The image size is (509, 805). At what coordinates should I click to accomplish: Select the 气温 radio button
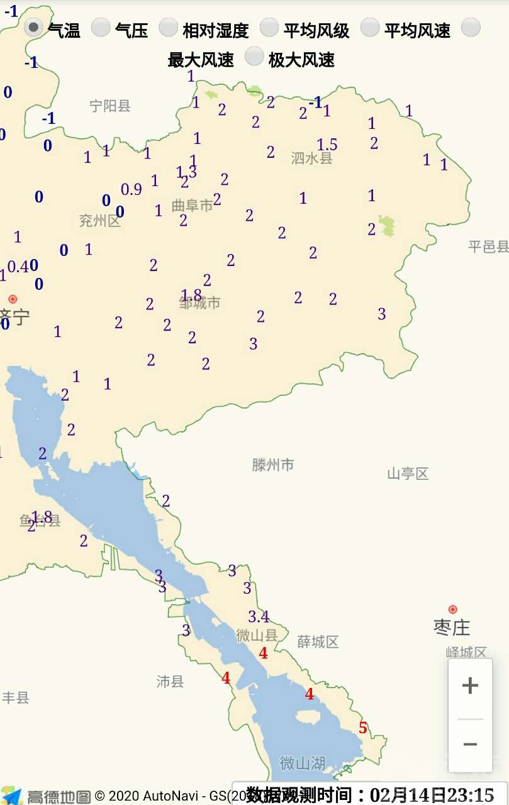click(33, 27)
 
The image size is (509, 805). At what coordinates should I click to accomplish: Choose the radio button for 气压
click(101, 27)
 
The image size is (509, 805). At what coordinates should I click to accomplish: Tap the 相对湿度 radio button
click(168, 27)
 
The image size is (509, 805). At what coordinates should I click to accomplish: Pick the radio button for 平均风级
click(269, 27)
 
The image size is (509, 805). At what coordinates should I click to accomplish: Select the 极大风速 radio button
click(254, 57)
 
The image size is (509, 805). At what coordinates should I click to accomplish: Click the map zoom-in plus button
click(470, 686)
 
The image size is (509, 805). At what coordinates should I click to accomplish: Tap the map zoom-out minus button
click(470, 745)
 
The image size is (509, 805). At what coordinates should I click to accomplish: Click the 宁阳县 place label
click(109, 106)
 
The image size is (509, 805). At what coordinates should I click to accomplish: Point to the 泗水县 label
click(311, 158)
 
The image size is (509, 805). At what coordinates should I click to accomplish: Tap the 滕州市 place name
click(273, 465)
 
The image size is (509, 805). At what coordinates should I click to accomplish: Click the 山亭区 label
click(408, 474)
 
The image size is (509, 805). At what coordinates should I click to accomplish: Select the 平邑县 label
click(488, 247)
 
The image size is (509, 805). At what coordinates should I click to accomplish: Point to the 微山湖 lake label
click(303, 763)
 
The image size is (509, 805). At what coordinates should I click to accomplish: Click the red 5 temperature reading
click(363, 728)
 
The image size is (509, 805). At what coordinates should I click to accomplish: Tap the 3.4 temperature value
click(258, 616)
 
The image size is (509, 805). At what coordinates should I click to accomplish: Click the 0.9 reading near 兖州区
click(131, 189)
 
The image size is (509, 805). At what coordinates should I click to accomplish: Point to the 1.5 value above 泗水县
click(327, 145)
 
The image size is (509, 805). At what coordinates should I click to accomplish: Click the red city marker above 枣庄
click(452, 609)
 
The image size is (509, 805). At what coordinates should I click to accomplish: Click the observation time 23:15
click(471, 794)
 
